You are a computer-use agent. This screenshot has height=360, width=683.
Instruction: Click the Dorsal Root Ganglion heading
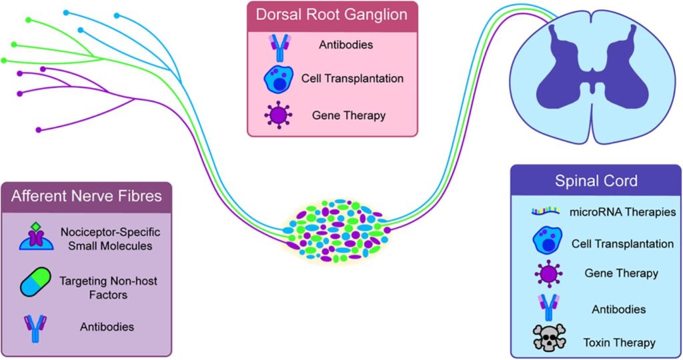tap(331, 15)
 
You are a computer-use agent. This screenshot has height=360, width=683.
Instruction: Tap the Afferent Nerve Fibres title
tap(86, 196)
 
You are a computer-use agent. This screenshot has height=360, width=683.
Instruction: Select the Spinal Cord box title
tap(596, 181)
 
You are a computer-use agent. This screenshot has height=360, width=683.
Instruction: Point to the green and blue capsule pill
tap(36, 282)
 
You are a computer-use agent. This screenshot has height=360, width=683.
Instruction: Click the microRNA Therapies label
tap(622, 212)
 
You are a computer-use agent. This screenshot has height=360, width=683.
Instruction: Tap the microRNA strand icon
tap(546, 211)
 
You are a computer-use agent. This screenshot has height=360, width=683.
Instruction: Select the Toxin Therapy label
tap(619, 343)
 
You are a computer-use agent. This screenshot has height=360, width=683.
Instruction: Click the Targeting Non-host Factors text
tap(108, 288)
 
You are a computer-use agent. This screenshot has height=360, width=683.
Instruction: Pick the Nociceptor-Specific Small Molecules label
tap(110, 239)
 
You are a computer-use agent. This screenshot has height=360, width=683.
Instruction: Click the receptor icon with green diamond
tap(36, 237)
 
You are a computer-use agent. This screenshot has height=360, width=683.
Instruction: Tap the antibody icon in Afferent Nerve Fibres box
tap(35, 329)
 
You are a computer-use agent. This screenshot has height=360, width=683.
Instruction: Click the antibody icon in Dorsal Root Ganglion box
tap(279, 47)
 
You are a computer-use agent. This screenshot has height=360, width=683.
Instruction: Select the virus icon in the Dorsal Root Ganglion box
tap(278, 115)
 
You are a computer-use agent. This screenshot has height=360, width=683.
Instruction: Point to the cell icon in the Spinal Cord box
tap(547, 240)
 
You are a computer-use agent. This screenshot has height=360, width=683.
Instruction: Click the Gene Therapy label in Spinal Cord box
tap(621, 273)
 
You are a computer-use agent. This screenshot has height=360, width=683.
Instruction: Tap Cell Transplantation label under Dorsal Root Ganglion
tap(352, 79)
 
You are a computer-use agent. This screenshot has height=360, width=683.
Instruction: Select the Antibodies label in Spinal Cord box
tap(618, 309)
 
